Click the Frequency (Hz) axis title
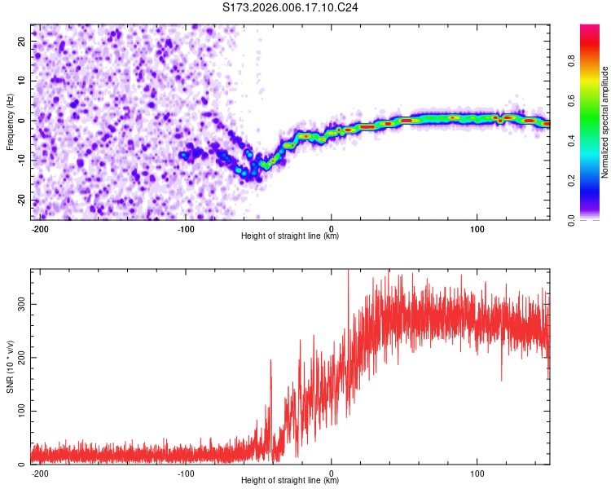[10, 121]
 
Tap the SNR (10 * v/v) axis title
[10, 366]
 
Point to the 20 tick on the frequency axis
[22, 41]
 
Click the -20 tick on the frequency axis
[20, 200]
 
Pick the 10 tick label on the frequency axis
[22, 81]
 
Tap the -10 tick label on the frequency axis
[20, 161]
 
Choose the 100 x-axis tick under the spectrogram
[477, 228]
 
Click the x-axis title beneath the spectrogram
[290, 236]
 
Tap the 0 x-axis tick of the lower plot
[332, 473]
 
